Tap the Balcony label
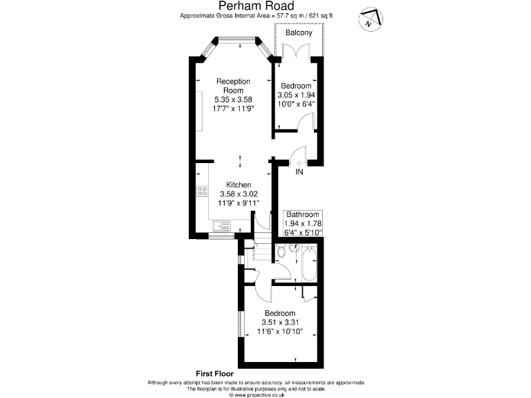299,32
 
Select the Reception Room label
233,86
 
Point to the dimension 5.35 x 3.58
233,99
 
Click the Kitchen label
239,185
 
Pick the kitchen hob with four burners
203,191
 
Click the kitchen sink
222,225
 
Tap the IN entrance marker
299,172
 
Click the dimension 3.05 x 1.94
297,95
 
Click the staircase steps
261,246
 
